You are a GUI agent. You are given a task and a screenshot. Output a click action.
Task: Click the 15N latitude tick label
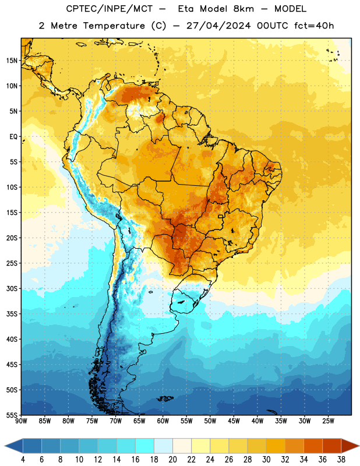pyautogui.click(x=12, y=61)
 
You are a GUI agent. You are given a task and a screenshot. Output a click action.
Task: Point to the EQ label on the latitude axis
pyautogui.click(x=13, y=137)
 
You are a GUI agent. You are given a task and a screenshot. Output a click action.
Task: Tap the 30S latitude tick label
pyautogui.click(x=12, y=288)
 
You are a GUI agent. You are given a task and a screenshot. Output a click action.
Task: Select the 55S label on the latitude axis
pyautogui.click(x=12, y=415)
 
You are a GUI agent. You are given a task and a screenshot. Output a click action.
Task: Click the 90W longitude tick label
pyautogui.click(x=21, y=421)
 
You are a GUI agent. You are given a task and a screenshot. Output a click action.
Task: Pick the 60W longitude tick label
pyautogui.click(x=163, y=421)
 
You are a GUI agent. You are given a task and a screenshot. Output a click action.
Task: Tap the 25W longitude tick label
pyautogui.click(x=328, y=421)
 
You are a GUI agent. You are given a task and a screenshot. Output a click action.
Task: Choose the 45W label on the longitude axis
pyautogui.click(x=234, y=421)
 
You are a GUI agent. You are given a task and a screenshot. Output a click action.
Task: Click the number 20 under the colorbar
pyautogui.click(x=172, y=460)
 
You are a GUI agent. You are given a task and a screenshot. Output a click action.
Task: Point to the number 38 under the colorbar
pyautogui.click(x=341, y=460)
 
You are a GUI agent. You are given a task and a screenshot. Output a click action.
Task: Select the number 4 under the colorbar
pyautogui.click(x=23, y=460)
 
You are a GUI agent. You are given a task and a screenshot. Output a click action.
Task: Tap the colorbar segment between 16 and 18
pyautogui.click(x=144, y=446)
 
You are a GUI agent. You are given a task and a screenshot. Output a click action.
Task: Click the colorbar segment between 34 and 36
pyautogui.click(x=313, y=446)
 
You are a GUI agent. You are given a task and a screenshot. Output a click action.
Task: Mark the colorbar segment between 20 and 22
pyautogui.click(x=182, y=446)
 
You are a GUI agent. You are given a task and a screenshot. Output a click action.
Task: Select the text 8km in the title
pyautogui.click(x=243, y=9)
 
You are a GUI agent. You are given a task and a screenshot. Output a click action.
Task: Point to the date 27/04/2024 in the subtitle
pyautogui.click(x=218, y=26)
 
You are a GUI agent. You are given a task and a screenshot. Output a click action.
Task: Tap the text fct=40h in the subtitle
pyautogui.click(x=314, y=26)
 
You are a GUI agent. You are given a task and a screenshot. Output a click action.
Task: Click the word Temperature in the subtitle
pyautogui.click(x=114, y=26)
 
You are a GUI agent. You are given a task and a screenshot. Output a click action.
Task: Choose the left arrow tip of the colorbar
pyautogui.click(x=5, y=446)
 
